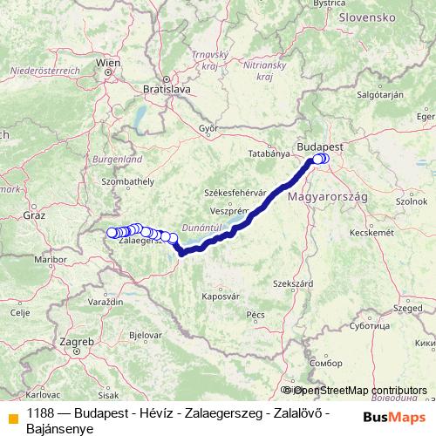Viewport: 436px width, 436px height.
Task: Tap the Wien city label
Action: pyautogui.click(x=108, y=63)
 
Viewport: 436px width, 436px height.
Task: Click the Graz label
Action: pyautogui.click(x=35, y=214)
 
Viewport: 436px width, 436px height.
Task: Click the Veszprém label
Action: pyautogui.click(x=230, y=211)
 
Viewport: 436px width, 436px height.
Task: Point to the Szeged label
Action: pyautogui.click(x=407, y=308)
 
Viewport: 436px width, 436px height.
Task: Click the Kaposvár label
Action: pyautogui.click(x=221, y=296)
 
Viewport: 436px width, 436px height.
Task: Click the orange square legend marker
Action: pyautogui.click(x=12, y=416)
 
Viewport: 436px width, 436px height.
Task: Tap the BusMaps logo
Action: pyautogui.click(x=390, y=416)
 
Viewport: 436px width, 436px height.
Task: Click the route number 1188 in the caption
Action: pyautogui.click(x=42, y=410)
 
